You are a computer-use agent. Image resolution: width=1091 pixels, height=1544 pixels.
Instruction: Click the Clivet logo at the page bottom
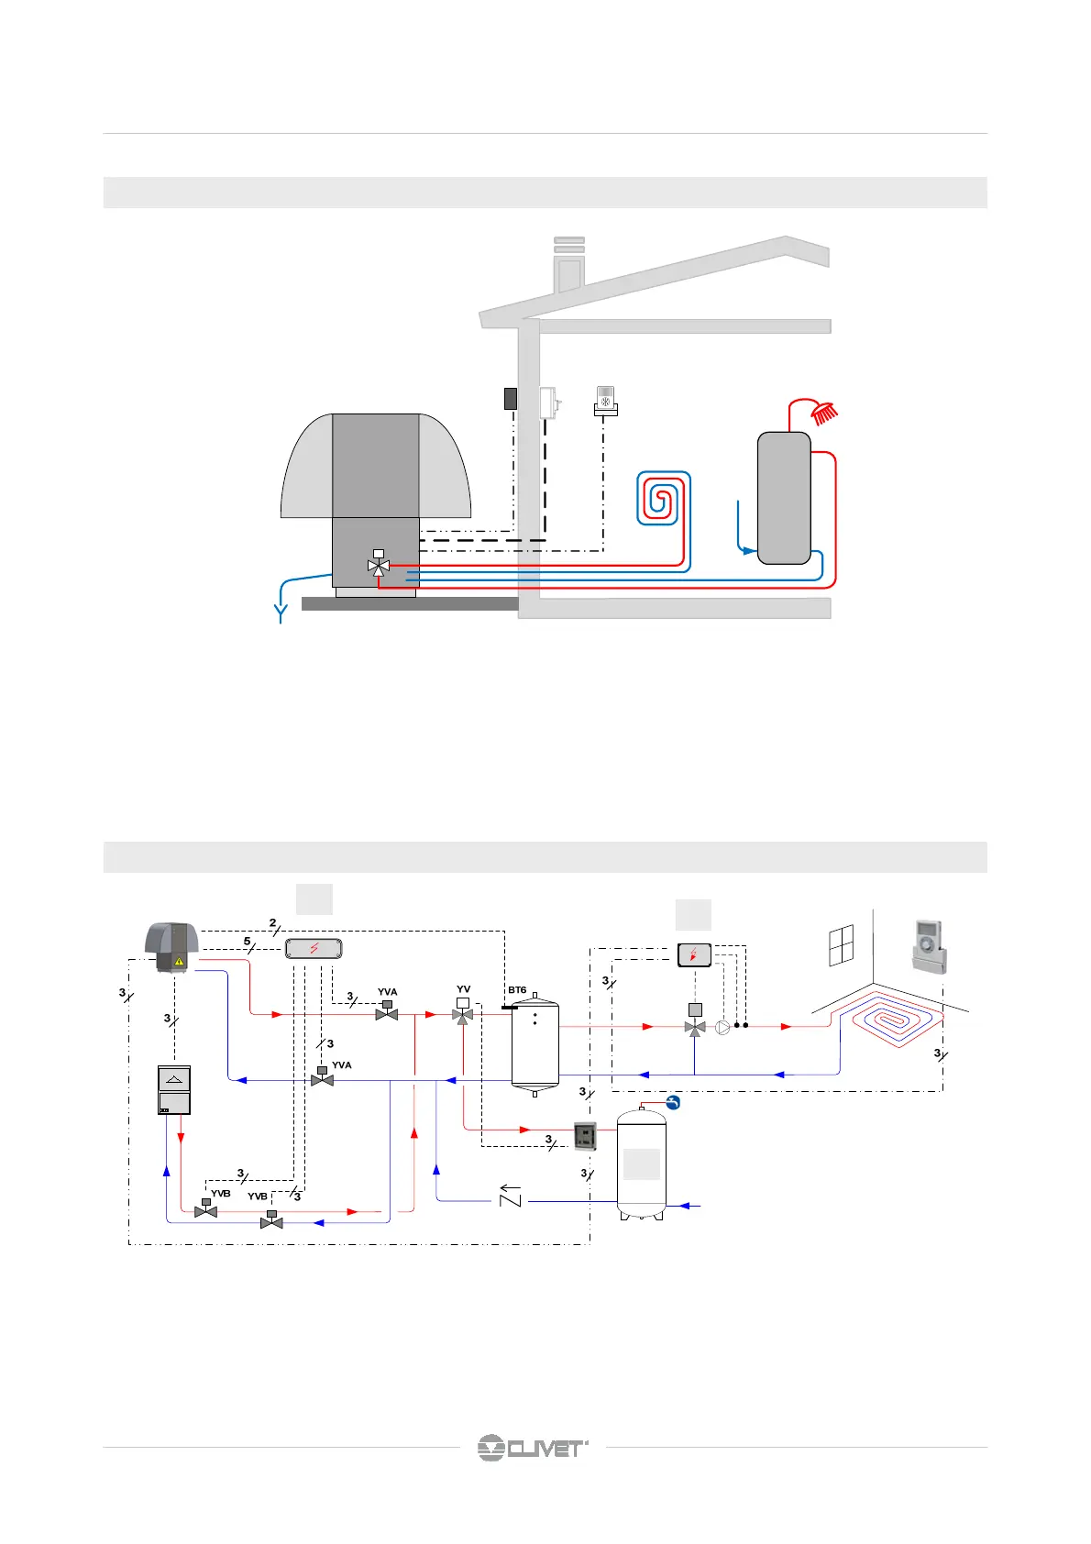[532, 1448]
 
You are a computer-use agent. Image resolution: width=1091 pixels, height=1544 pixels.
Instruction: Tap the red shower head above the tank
[825, 414]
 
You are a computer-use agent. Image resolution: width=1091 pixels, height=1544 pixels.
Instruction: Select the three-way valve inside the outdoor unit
[378, 566]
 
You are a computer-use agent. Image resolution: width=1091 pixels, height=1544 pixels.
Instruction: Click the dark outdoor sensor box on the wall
[511, 398]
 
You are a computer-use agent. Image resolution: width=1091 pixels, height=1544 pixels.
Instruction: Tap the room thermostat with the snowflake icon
[605, 400]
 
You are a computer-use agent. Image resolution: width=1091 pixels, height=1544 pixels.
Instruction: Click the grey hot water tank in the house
[784, 497]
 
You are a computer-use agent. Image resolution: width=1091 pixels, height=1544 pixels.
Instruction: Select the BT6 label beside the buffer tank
[517, 990]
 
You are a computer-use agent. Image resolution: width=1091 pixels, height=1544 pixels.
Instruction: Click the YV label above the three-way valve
[463, 989]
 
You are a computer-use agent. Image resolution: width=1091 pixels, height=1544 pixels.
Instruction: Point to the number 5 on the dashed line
[247, 942]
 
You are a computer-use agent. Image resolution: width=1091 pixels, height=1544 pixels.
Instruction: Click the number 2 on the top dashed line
[272, 923]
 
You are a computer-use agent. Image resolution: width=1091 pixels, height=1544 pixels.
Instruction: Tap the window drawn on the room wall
[841, 945]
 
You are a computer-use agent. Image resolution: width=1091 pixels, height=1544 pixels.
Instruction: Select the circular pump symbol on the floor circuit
[722, 1027]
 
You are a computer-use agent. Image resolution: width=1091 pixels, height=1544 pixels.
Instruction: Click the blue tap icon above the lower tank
[673, 1103]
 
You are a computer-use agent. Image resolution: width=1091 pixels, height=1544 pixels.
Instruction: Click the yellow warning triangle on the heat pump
[180, 961]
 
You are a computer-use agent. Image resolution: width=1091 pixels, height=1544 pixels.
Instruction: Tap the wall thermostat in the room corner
[929, 946]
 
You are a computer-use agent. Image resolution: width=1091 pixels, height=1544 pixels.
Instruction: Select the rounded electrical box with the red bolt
[314, 948]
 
